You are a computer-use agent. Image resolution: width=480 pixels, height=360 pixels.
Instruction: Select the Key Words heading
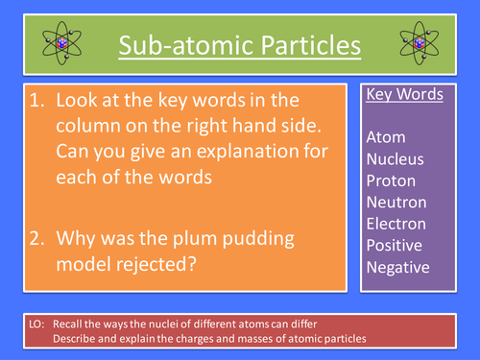coord(404,96)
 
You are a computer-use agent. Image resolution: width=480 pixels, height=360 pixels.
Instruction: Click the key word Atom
coord(386,137)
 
